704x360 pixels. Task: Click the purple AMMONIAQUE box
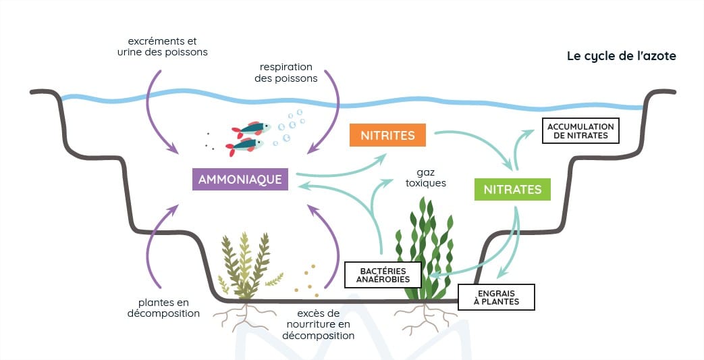coord(240,180)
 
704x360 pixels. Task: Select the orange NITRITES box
coord(387,135)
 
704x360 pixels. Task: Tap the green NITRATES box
coord(512,189)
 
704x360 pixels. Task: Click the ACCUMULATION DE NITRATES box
coord(580,131)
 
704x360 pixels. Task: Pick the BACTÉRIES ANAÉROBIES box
coord(383,275)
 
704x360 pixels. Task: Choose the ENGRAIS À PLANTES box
coord(496,297)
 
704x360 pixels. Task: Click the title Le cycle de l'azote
coord(622,56)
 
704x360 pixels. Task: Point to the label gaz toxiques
coord(426,178)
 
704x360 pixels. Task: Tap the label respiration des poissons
coord(286,72)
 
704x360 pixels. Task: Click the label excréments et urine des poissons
coord(163,47)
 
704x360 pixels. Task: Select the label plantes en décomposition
coord(163,308)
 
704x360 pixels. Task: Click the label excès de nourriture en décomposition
coord(319,324)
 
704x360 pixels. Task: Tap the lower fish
coord(244,146)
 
